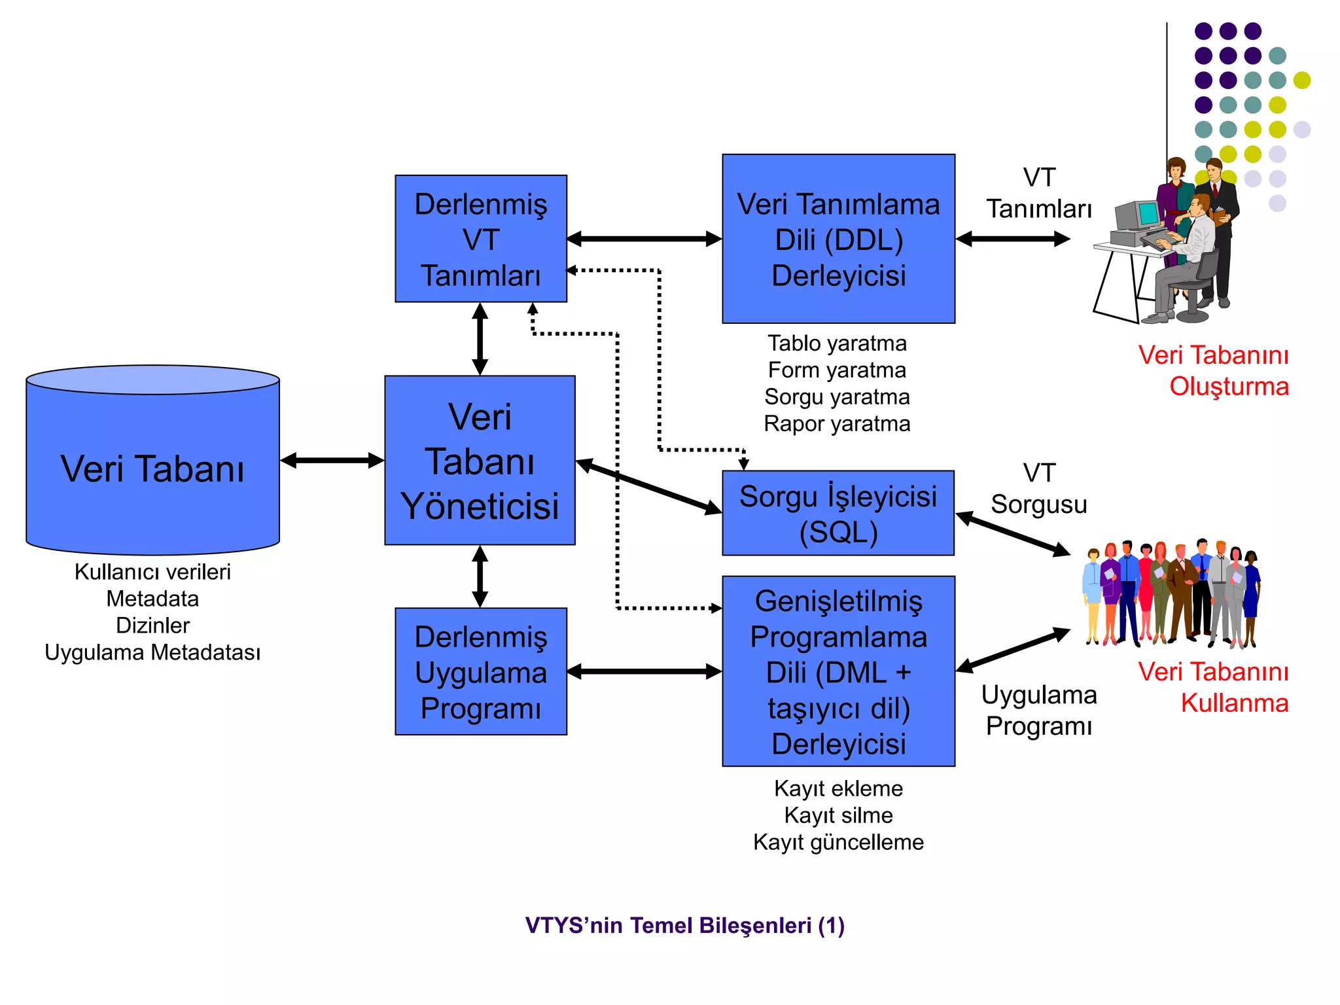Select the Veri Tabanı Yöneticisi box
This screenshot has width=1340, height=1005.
480,461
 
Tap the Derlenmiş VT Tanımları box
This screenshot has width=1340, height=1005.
481,239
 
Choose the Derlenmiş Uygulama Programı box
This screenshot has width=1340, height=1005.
481,672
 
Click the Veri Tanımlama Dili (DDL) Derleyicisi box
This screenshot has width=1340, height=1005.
838,239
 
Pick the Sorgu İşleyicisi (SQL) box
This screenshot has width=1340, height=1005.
838,514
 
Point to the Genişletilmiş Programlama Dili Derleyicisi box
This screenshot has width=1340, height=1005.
838,671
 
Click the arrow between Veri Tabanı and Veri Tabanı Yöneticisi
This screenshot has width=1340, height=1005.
332,461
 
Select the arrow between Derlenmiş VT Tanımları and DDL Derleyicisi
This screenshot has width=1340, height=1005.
644,239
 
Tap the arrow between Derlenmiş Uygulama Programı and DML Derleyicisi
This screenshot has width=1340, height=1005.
644,672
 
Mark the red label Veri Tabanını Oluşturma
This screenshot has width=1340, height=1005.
1214,370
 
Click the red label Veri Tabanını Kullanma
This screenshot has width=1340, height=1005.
1214,687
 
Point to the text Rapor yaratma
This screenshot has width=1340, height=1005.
837,424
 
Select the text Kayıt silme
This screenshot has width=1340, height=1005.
838,815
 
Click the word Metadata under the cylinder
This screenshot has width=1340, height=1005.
152,599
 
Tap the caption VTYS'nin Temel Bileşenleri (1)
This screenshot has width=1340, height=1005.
684,925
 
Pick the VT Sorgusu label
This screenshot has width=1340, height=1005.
1038,489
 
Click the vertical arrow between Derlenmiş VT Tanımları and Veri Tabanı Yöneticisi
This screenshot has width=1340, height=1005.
480,339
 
